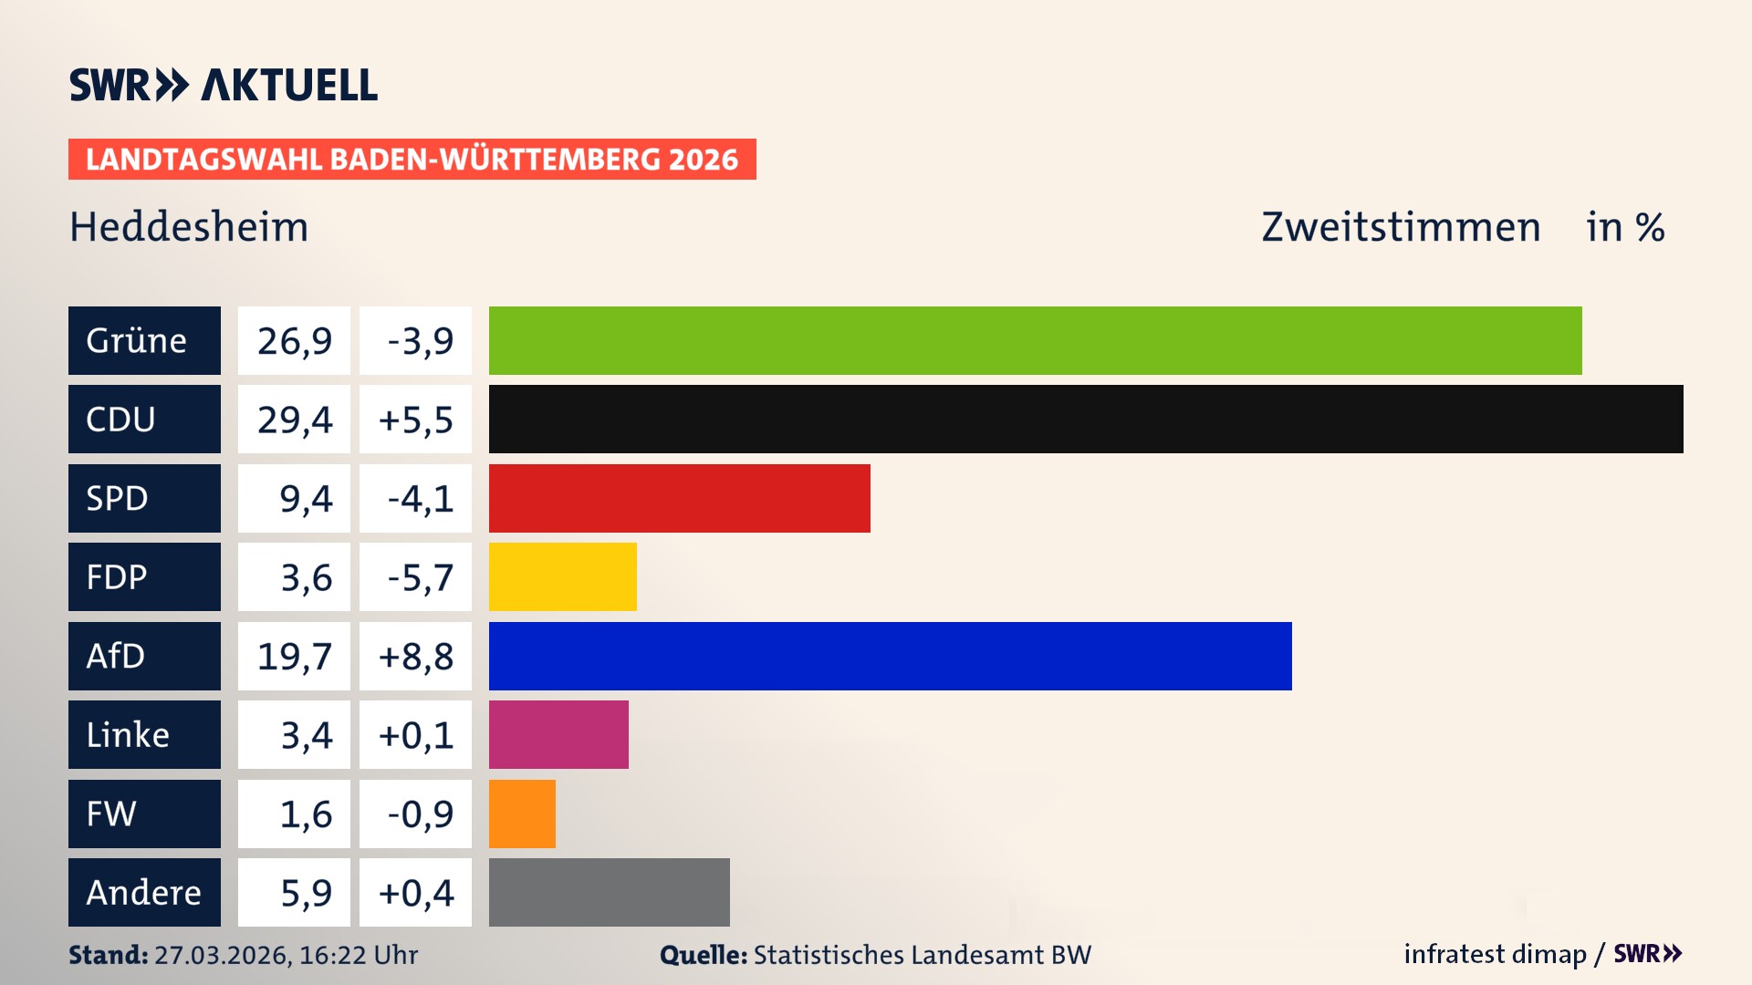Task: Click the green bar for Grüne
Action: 1035,340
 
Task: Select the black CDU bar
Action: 1086,420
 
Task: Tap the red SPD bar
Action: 679,498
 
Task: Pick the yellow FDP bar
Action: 562,576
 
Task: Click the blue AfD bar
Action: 890,656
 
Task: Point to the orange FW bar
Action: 522,814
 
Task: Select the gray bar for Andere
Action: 609,892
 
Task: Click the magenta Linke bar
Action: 558,734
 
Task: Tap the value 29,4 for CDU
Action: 294,420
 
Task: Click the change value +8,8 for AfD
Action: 415,656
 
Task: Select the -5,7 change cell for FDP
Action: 415,576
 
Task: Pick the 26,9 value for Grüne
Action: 294,340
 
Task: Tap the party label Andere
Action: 144,892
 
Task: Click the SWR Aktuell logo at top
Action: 223,85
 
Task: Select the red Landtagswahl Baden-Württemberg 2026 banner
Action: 412,159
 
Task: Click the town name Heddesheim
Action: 189,226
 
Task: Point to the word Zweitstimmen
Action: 1400,226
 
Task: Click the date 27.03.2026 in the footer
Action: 222,955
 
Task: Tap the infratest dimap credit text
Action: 1495,954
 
